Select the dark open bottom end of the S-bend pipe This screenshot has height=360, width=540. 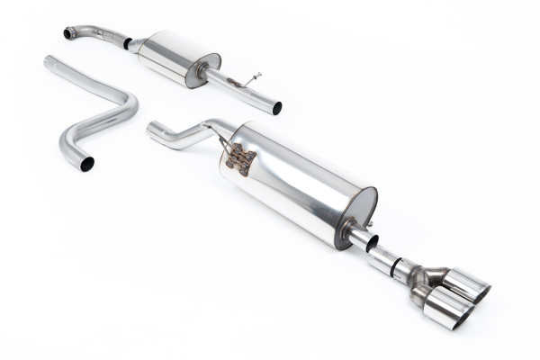[x=87, y=164]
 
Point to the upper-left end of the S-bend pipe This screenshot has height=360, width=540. [x=49, y=61]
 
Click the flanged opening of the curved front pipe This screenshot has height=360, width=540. [x=69, y=33]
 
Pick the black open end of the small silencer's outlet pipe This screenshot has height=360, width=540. [x=276, y=108]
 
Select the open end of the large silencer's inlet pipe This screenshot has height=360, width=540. [x=152, y=132]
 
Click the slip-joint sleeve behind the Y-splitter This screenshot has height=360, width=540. [x=385, y=257]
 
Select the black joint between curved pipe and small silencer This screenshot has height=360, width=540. [x=128, y=42]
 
